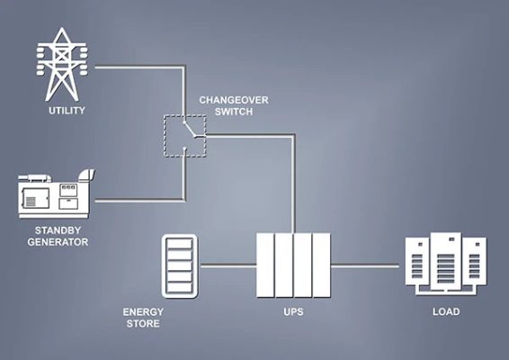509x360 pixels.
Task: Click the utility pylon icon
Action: point(62,64)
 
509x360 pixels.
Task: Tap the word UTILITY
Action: point(67,111)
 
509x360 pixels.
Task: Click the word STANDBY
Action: point(58,230)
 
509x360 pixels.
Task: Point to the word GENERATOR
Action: point(58,242)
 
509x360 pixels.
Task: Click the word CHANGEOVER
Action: point(234,100)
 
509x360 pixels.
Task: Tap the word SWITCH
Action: point(234,112)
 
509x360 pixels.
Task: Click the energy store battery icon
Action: point(180,265)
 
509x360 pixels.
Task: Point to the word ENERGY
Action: point(143,312)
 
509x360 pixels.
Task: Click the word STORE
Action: point(143,324)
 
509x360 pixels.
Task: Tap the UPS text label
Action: point(293,312)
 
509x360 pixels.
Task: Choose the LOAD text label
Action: point(446,311)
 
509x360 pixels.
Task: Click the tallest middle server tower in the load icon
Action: point(446,262)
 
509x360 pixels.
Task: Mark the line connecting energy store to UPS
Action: point(228,265)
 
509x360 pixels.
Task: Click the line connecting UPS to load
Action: point(365,265)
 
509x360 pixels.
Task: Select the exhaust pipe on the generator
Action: point(86,175)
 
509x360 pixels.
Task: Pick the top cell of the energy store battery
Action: point(180,244)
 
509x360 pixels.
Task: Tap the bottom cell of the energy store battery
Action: point(180,288)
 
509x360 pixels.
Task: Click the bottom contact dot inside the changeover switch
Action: point(184,148)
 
